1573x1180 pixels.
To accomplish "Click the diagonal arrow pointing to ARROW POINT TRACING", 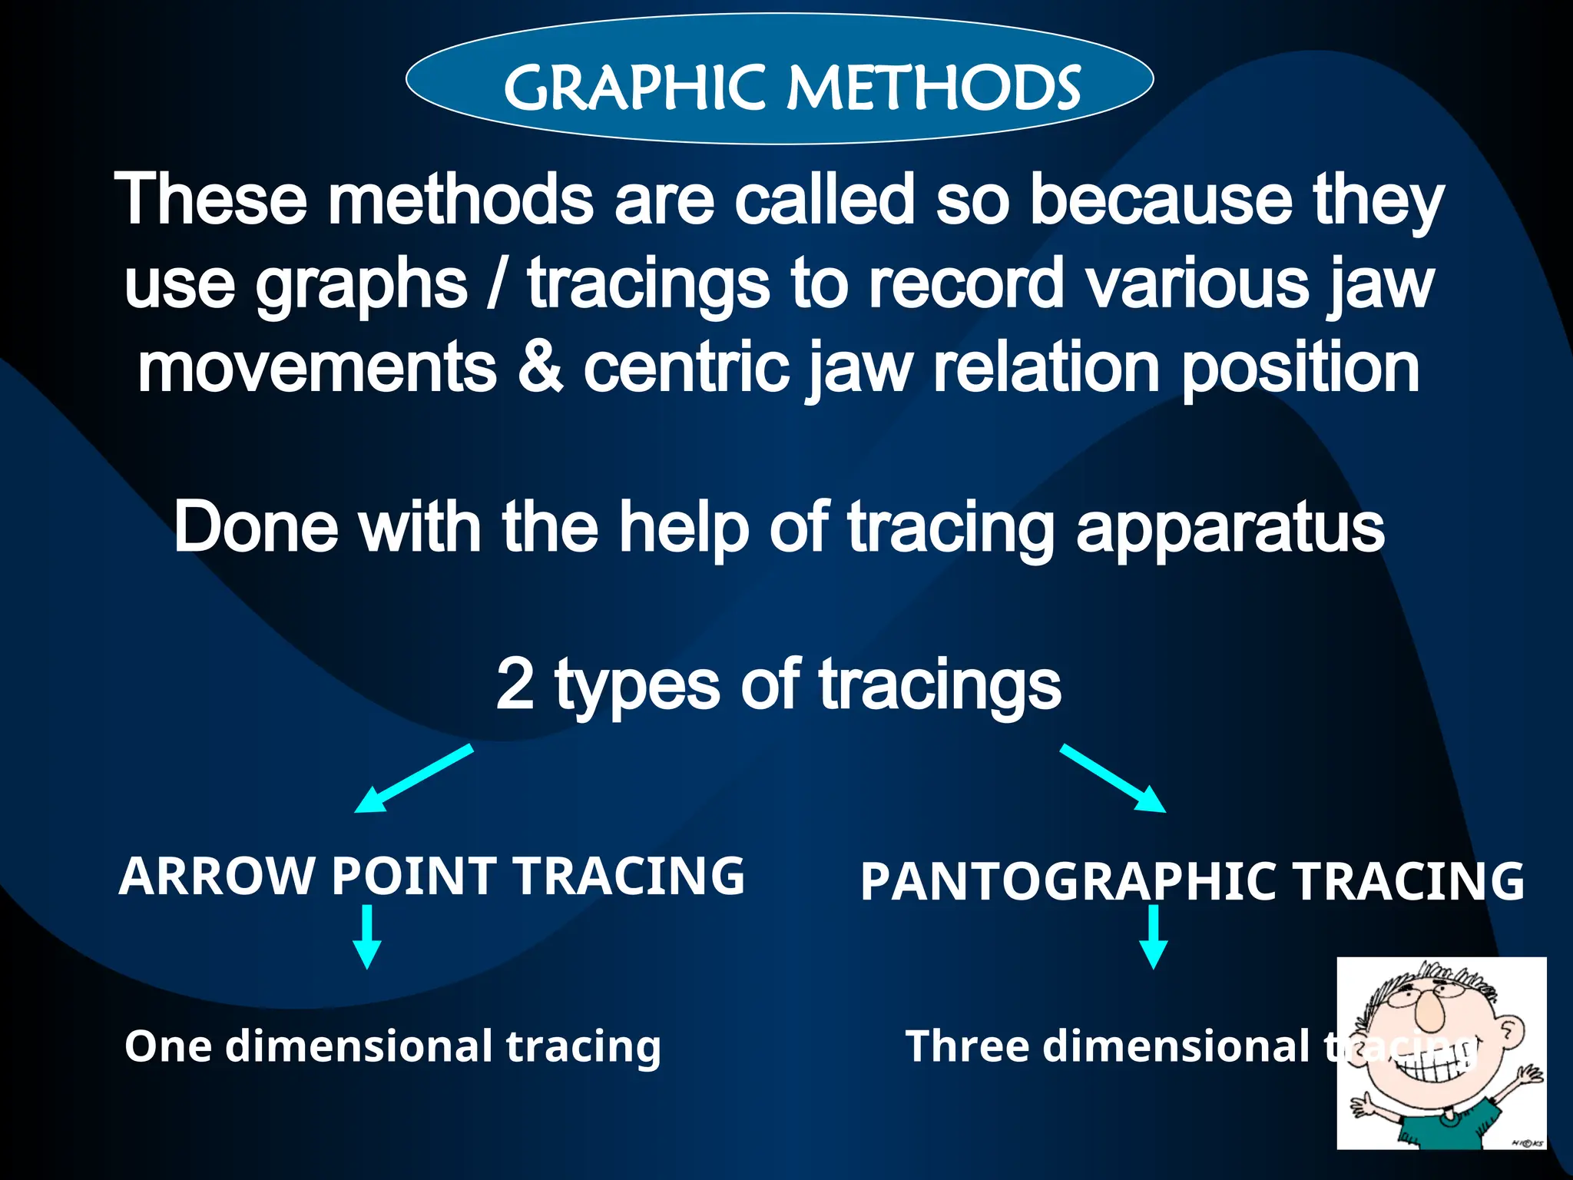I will click(x=413, y=777).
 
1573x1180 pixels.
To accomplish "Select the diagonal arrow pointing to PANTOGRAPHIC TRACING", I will click(x=1113, y=777).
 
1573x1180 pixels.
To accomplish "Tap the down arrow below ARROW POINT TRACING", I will click(x=367, y=936).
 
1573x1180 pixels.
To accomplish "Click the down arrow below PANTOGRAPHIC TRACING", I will click(x=1153, y=936).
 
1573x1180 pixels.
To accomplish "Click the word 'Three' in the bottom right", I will click(x=967, y=1046).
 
